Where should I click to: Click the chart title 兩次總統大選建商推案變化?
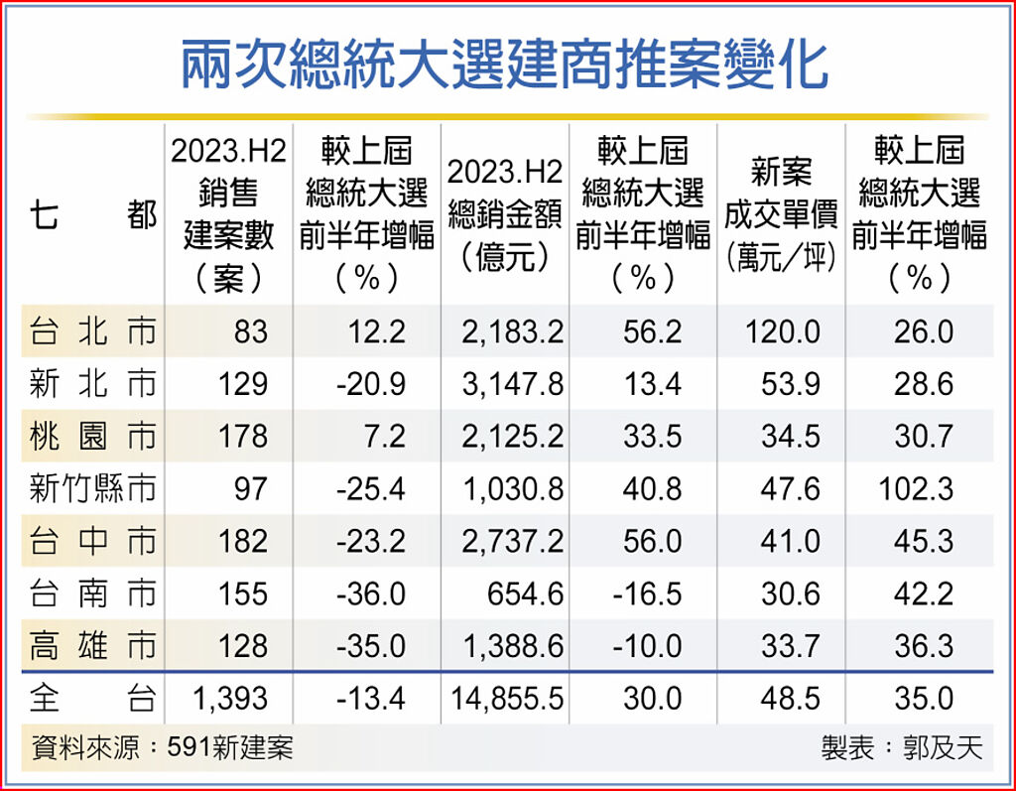(506, 66)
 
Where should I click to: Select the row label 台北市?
(92, 331)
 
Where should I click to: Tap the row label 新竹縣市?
(92, 489)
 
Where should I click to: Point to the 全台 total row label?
(92, 699)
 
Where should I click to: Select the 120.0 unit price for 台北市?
(784, 331)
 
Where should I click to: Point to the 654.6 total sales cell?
(525, 594)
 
